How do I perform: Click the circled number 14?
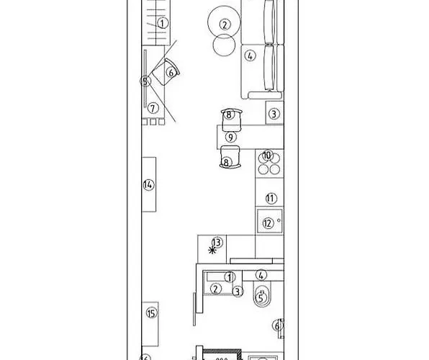(148, 185)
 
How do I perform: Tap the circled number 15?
(152, 313)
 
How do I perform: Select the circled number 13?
(217, 243)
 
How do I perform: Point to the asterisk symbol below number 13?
(212, 251)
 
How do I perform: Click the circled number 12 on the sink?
(268, 223)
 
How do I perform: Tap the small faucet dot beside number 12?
(279, 220)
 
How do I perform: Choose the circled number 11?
(271, 198)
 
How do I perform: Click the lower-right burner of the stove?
(274, 169)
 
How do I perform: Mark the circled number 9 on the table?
(230, 137)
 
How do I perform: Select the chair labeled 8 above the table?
(232, 120)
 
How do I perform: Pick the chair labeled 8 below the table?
(230, 157)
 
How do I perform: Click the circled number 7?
(153, 108)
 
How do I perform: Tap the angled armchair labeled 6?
(166, 72)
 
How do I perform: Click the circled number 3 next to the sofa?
(274, 114)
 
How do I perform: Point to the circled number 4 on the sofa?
(250, 56)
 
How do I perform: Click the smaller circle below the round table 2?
(224, 45)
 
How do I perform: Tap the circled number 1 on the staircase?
(163, 23)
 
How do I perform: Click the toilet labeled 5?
(262, 294)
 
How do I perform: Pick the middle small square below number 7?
(153, 122)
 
